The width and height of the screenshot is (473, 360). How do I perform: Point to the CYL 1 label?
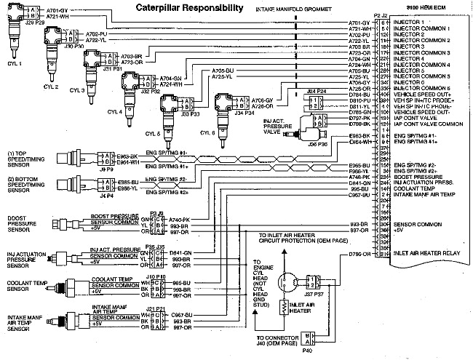(x=15, y=63)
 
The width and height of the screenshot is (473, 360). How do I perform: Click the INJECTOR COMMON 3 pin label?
(x=422, y=53)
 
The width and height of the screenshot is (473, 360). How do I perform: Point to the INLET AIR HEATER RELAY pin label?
(x=426, y=254)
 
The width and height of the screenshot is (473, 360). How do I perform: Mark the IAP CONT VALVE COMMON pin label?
(x=427, y=124)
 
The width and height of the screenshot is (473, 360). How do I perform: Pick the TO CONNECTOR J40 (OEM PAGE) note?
(x=279, y=341)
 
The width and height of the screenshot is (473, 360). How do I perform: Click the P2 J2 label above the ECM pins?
(x=379, y=15)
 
